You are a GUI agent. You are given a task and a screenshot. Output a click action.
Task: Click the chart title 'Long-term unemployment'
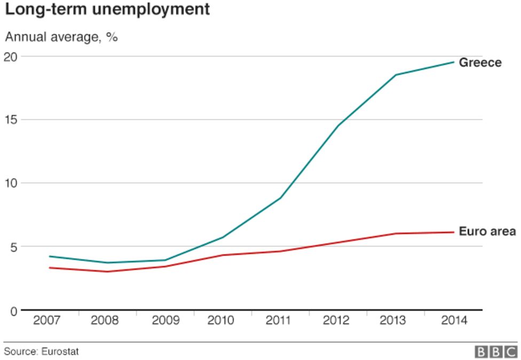[107, 10]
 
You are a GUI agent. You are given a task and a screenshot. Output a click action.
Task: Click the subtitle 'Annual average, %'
[61, 38]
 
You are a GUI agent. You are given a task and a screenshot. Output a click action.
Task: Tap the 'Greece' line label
[480, 62]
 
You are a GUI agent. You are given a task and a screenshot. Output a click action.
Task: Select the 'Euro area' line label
[487, 231]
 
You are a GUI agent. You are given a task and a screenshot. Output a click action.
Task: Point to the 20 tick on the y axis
[11, 57]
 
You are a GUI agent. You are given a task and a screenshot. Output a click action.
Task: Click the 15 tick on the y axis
[11, 119]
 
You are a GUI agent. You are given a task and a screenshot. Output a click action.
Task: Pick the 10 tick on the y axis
[11, 183]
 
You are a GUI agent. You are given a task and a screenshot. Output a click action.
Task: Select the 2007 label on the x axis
[47, 321]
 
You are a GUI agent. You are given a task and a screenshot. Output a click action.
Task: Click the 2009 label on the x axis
[165, 321]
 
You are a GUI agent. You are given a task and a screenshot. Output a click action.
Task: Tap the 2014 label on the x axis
[454, 321]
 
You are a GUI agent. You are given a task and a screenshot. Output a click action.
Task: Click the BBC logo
[496, 351]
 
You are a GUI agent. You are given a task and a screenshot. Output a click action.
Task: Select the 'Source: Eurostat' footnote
[37, 351]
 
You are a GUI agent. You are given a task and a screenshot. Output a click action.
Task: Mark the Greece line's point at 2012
[338, 125]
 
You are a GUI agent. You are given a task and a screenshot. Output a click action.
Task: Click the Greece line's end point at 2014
[454, 62]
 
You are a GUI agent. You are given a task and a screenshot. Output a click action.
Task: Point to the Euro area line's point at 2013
[396, 234]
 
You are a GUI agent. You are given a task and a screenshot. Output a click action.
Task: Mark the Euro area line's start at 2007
[50, 268]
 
